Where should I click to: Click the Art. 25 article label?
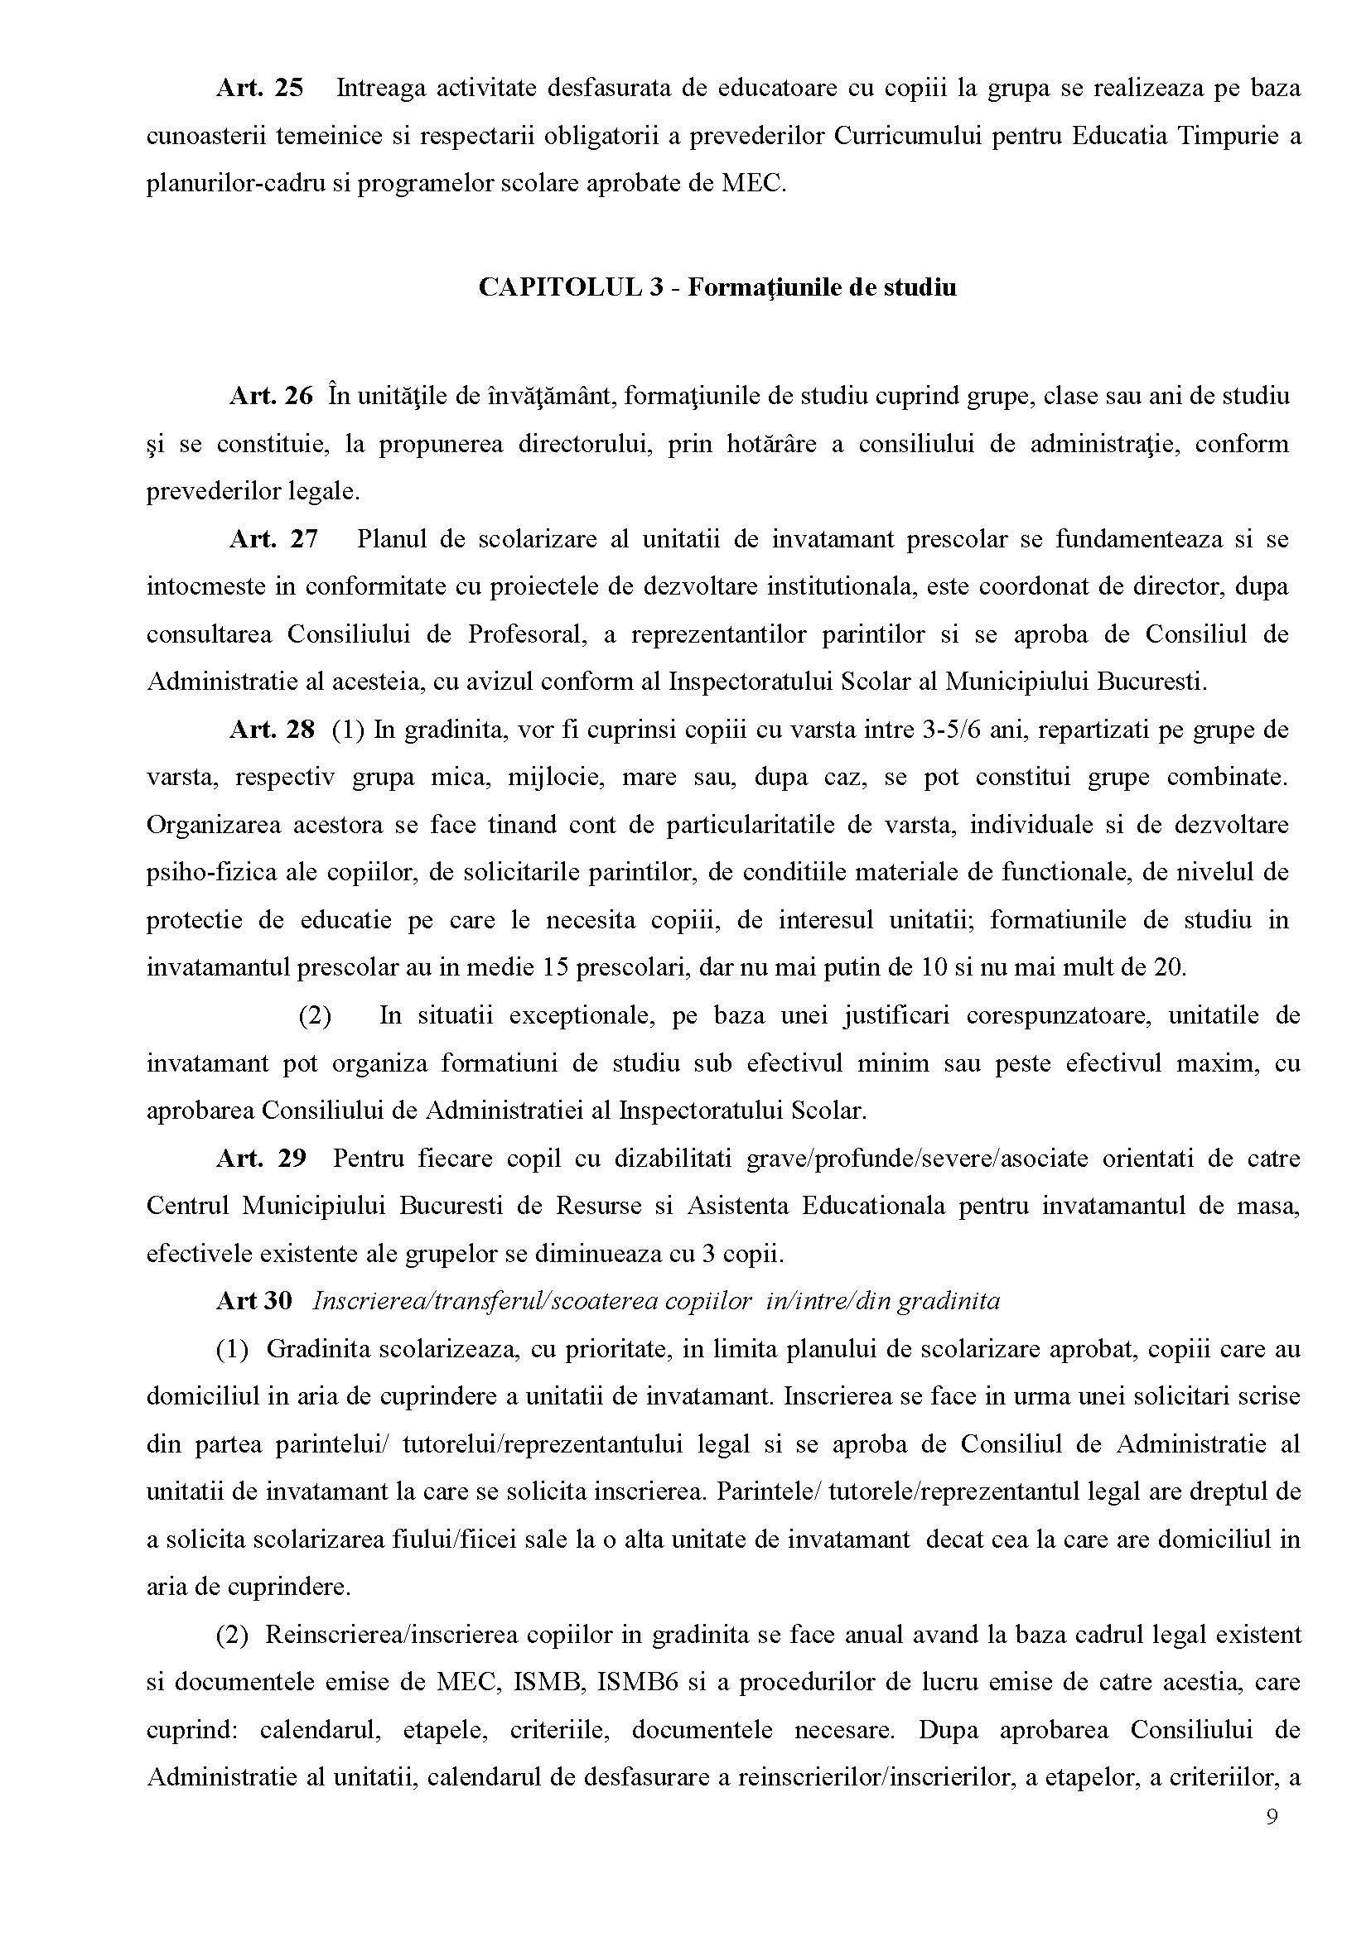260,89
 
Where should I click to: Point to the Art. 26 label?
271,396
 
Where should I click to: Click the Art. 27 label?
273,538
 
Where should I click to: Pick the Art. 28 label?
272,730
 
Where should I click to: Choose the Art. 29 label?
261,1158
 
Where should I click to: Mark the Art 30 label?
254,1302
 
